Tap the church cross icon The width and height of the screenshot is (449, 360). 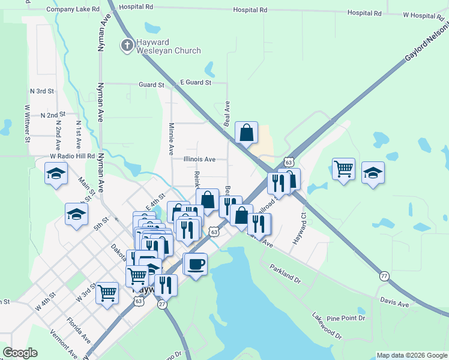point(127,45)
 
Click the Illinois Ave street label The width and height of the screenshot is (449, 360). point(199,160)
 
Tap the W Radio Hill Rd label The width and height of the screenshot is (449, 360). point(72,156)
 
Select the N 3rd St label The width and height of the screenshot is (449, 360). point(42,91)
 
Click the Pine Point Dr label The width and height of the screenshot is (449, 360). point(345,318)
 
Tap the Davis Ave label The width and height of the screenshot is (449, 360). point(394,304)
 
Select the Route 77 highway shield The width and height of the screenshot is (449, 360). point(384,276)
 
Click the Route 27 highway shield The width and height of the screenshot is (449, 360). point(162,304)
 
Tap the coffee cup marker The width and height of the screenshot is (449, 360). point(196,264)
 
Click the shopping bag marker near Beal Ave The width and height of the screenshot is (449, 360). point(247,133)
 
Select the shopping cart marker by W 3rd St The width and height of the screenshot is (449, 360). point(107,293)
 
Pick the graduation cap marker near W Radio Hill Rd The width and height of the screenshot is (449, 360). point(56,173)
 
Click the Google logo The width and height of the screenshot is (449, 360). point(20,353)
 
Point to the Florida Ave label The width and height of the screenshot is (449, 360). point(79,329)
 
